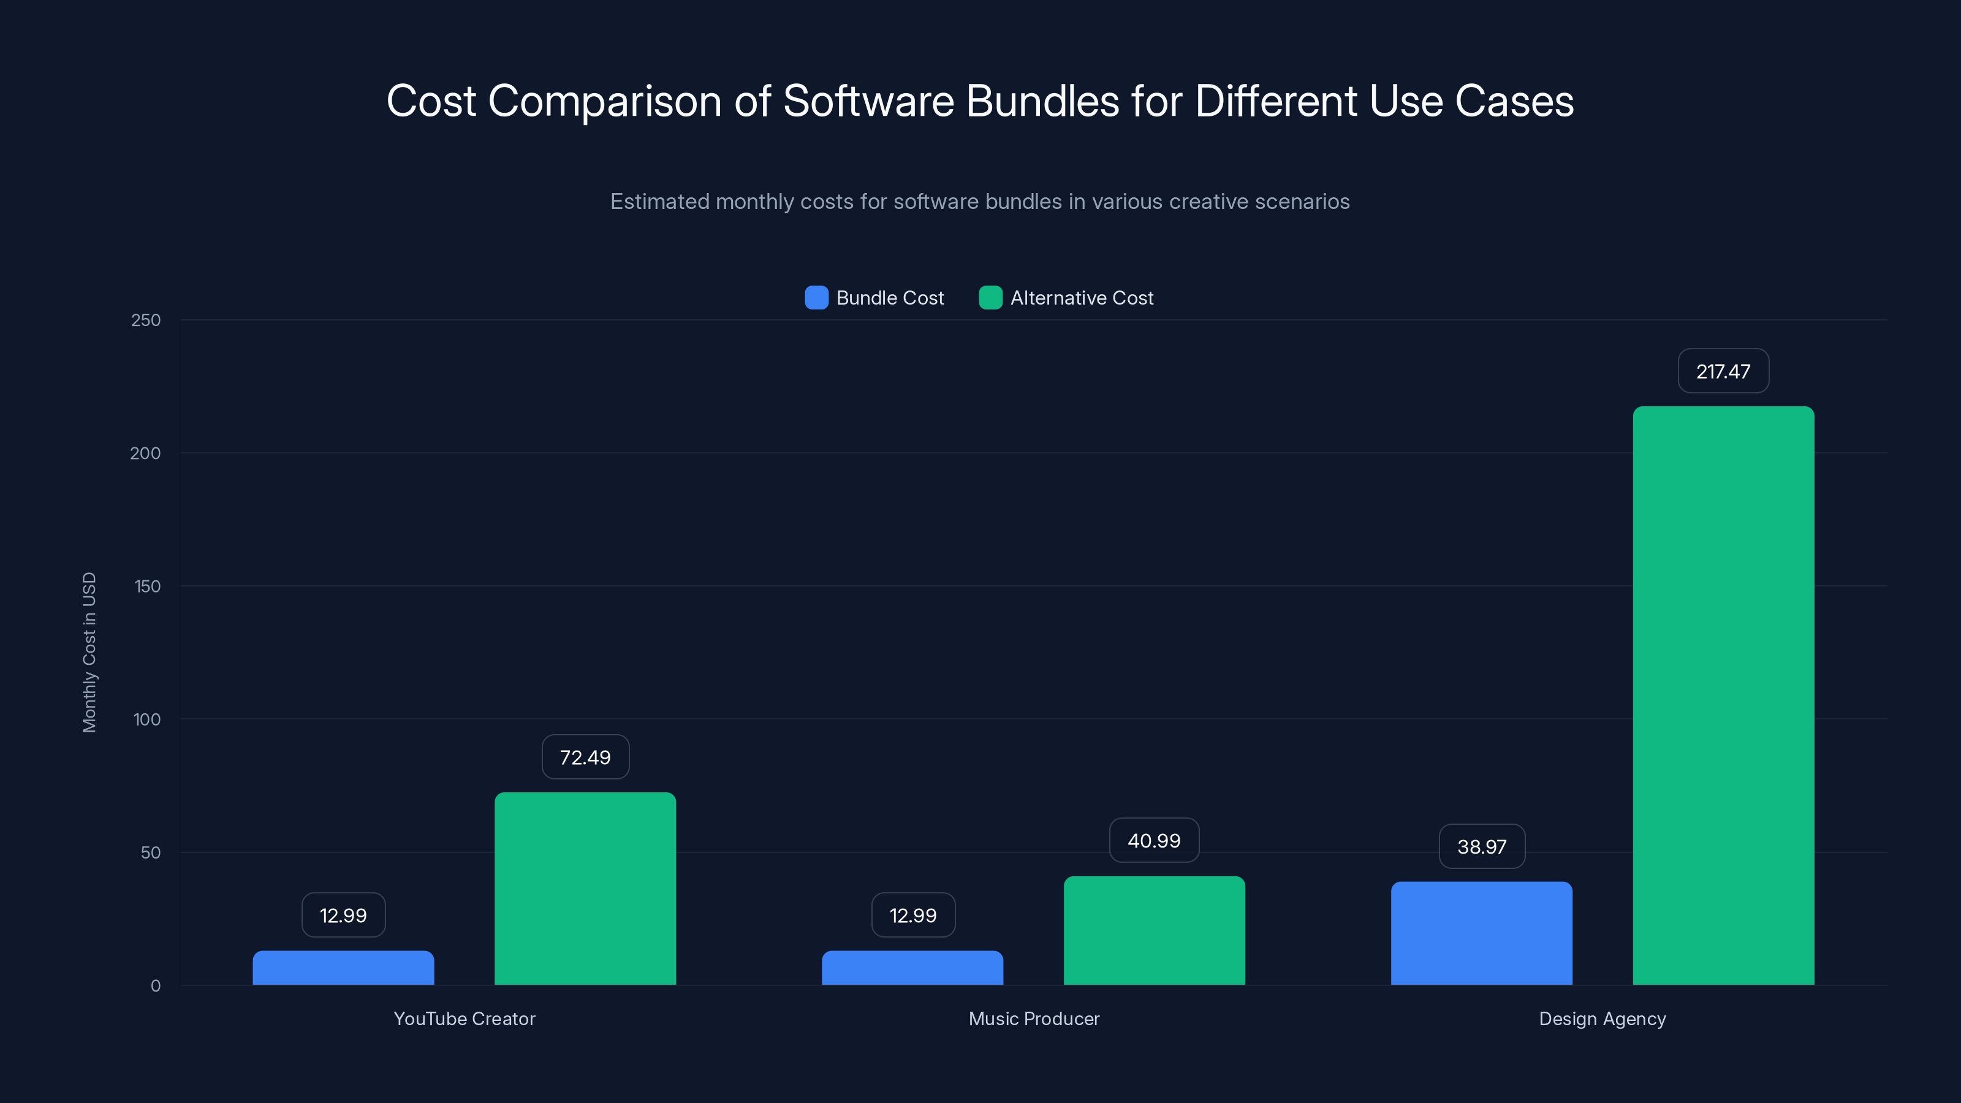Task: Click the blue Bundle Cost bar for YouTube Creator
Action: [x=343, y=968]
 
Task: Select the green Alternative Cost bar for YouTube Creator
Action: [x=585, y=889]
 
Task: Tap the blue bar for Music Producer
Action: [x=912, y=968]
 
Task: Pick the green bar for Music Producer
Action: [x=1154, y=930]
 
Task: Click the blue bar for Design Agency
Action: [x=1481, y=933]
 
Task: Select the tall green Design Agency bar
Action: [x=1723, y=695]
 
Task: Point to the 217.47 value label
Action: [x=1723, y=371]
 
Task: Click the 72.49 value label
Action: [x=585, y=757]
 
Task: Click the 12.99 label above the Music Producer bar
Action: [x=912, y=915]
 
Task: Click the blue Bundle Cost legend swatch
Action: [x=816, y=298]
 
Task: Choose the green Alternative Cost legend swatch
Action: [x=990, y=298]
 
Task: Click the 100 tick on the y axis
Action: [x=146, y=719]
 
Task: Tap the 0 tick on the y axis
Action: [x=155, y=986]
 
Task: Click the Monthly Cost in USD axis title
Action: [x=89, y=653]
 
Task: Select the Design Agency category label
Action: [x=1602, y=1018]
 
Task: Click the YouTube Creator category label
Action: [x=465, y=1018]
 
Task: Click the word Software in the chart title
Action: [x=868, y=101]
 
